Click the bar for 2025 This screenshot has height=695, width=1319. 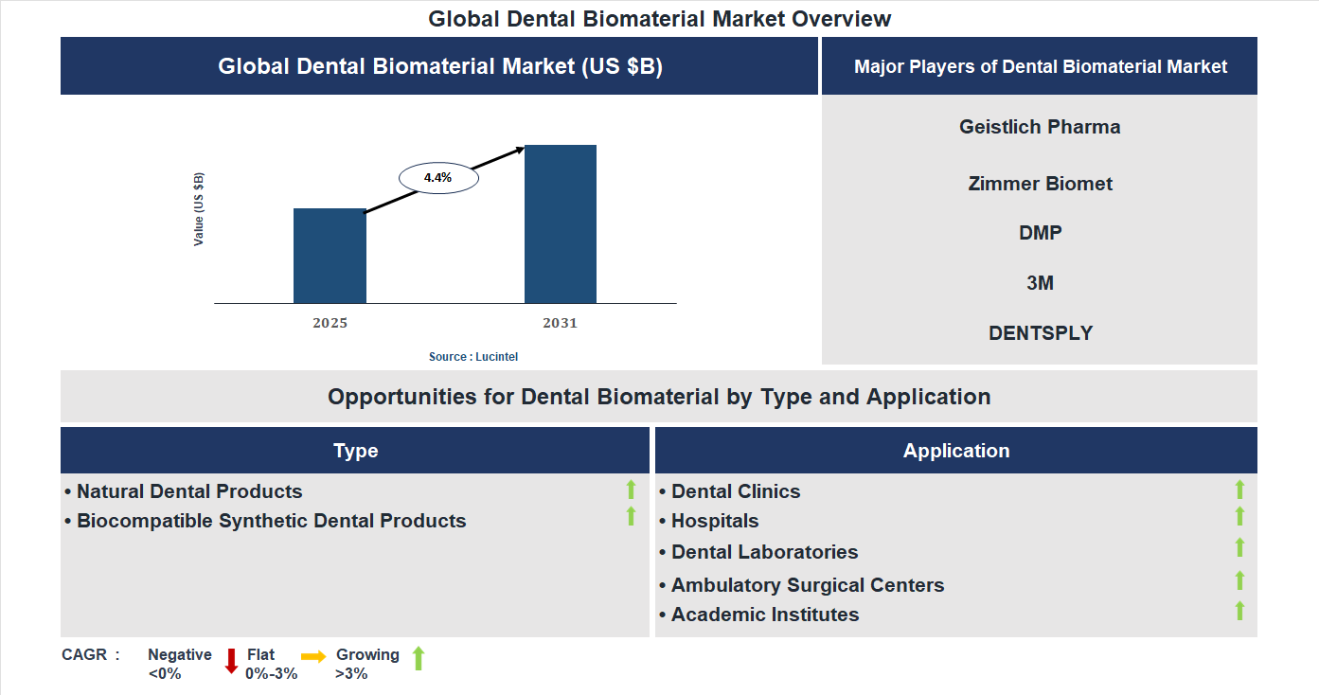pyautogui.click(x=330, y=256)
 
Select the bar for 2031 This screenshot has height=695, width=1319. pyautogui.click(x=561, y=224)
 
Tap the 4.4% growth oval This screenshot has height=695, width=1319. pyautogui.click(x=438, y=177)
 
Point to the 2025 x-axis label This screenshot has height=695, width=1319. pyautogui.click(x=330, y=323)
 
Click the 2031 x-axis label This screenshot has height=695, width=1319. pyautogui.click(x=560, y=323)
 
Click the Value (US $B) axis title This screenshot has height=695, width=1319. pyautogui.click(x=199, y=209)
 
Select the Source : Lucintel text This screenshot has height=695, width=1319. pyautogui.click(x=473, y=357)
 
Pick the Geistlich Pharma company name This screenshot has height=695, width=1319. pyautogui.click(x=1040, y=127)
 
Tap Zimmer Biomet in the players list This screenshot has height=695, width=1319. pyautogui.click(x=1040, y=184)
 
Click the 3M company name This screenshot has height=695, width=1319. pyautogui.click(x=1040, y=283)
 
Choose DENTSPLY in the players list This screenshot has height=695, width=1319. pyautogui.click(x=1040, y=333)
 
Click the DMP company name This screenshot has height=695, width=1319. pyautogui.click(x=1040, y=233)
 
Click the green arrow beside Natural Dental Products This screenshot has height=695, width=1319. pyautogui.click(x=631, y=490)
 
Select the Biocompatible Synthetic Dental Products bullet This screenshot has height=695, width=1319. pyautogui.click(x=271, y=521)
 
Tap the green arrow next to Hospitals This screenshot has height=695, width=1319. pyautogui.click(x=1239, y=517)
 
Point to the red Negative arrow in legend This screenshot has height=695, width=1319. pyautogui.click(x=231, y=660)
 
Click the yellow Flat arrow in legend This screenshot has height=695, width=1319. pyautogui.click(x=313, y=656)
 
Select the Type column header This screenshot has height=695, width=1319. pyautogui.click(x=355, y=451)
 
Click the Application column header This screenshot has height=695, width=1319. pyautogui.click(x=956, y=451)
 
